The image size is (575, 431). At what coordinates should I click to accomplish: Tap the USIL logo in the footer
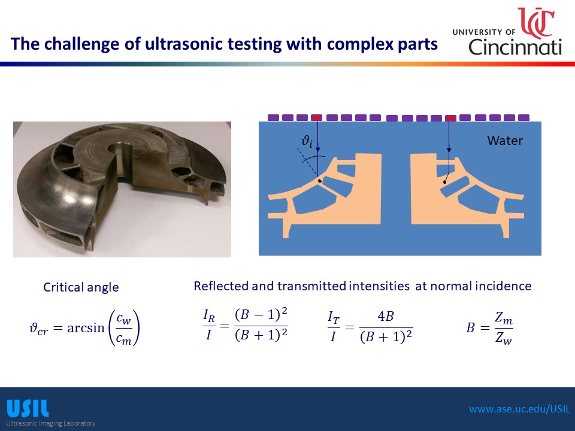(x=28, y=409)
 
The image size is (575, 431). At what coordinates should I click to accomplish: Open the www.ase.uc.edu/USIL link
(x=520, y=409)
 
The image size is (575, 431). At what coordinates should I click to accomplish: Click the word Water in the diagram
(x=504, y=140)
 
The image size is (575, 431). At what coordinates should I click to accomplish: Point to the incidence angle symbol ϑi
(x=307, y=141)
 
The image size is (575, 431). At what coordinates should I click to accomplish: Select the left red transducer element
(x=316, y=118)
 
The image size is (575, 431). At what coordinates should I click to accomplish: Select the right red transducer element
(x=450, y=118)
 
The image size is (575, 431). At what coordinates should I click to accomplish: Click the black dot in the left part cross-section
(x=320, y=181)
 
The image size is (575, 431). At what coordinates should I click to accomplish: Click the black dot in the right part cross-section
(x=445, y=182)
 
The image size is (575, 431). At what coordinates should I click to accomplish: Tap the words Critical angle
(x=81, y=287)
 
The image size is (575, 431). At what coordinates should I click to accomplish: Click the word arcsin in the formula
(x=86, y=327)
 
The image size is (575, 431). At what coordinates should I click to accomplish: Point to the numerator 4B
(x=386, y=316)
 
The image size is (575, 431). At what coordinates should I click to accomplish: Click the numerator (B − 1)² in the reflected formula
(x=261, y=314)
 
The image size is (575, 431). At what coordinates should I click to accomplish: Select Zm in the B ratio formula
(x=504, y=317)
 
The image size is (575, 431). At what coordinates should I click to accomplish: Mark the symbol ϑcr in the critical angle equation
(x=38, y=328)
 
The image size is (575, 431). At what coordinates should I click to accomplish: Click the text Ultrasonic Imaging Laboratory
(x=50, y=423)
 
